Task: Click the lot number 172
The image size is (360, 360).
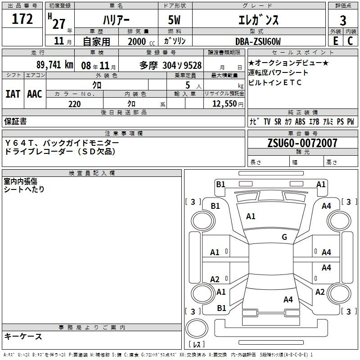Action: [x=22, y=19]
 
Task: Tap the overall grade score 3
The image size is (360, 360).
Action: [x=343, y=21]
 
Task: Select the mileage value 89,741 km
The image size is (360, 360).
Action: [x=54, y=65]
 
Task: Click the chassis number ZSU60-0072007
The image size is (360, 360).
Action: [x=302, y=143]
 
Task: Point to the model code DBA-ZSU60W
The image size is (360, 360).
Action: [x=258, y=41]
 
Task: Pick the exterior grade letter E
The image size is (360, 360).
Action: [x=335, y=41]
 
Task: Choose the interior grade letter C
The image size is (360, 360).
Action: [x=350, y=41]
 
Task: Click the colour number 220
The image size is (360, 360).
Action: [x=74, y=104]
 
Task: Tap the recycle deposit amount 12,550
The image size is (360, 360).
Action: [x=224, y=104]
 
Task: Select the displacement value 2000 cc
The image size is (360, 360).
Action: [x=141, y=42]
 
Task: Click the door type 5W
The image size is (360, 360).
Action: [x=174, y=20]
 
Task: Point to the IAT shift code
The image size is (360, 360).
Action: [x=13, y=94]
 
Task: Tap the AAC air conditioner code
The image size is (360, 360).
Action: [x=35, y=94]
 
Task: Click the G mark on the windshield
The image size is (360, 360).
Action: [x=284, y=237]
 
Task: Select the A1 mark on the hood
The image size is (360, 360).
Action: [x=251, y=216]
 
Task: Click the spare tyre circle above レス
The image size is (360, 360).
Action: [x=197, y=328]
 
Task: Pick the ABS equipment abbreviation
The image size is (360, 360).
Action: [x=300, y=121]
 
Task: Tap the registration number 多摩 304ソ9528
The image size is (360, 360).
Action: [x=171, y=65]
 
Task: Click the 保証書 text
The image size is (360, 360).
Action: [x=15, y=121]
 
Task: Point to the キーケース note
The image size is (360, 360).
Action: [x=23, y=337]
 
